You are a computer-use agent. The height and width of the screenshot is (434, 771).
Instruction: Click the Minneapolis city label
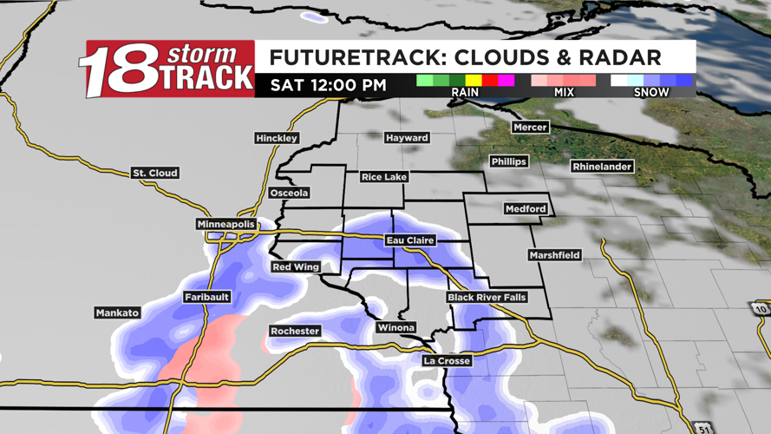(x=226, y=225)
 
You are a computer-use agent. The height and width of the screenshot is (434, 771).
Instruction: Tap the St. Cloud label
(x=155, y=174)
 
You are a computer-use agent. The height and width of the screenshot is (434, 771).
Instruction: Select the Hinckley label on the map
(x=277, y=138)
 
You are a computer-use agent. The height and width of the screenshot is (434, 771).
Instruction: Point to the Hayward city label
(x=407, y=138)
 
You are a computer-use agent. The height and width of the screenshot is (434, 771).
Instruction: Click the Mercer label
(x=530, y=128)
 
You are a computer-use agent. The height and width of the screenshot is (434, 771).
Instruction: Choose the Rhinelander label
(x=602, y=167)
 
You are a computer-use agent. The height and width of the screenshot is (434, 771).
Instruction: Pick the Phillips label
(x=508, y=162)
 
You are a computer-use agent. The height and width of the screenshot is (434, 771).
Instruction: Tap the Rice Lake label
(x=383, y=177)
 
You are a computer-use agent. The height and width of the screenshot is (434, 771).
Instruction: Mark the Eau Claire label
(x=410, y=240)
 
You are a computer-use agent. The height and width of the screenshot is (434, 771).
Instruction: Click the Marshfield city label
(x=554, y=255)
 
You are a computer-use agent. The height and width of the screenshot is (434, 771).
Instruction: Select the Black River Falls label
(x=487, y=298)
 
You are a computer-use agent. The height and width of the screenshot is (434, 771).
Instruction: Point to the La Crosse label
(x=447, y=361)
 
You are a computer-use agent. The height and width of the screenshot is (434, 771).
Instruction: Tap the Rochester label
(x=295, y=332)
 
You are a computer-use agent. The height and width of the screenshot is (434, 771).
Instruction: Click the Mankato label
(x=117, y=312)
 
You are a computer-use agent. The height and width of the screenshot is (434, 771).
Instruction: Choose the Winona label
(x=395, y=328)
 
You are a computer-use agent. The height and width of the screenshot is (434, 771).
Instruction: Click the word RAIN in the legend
(x=465, y=92)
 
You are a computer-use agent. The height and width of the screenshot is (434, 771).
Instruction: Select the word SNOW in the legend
(x=651, y=92)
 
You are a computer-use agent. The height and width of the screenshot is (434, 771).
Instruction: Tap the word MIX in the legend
(x=564, y=92)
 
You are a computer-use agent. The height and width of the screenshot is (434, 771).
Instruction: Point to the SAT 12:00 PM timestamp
(x=328, y=85)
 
